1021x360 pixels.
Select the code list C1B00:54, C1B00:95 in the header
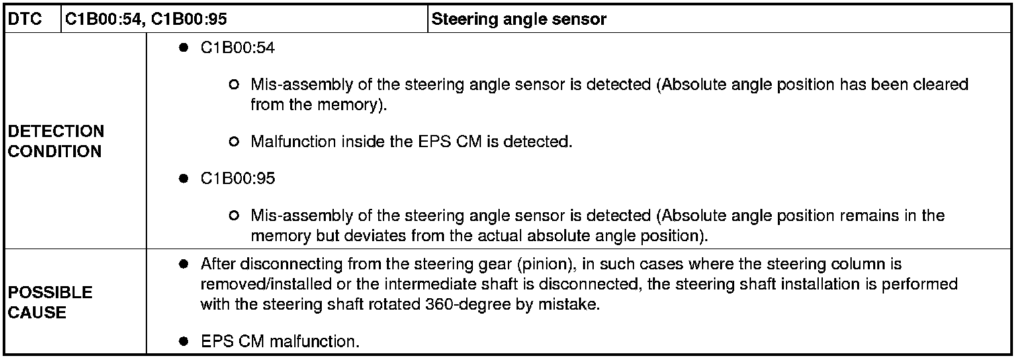(145, 19)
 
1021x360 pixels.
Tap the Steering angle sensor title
(519, 19)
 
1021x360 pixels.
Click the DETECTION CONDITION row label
(56, 141)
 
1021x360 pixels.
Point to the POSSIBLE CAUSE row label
(50, 302)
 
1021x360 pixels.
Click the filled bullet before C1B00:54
(183, 49)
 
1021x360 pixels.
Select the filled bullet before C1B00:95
(183, 179)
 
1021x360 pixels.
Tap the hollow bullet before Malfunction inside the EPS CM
(233, 142)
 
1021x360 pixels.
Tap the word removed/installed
(258, 283)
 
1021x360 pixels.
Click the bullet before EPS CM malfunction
(183, 341)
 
